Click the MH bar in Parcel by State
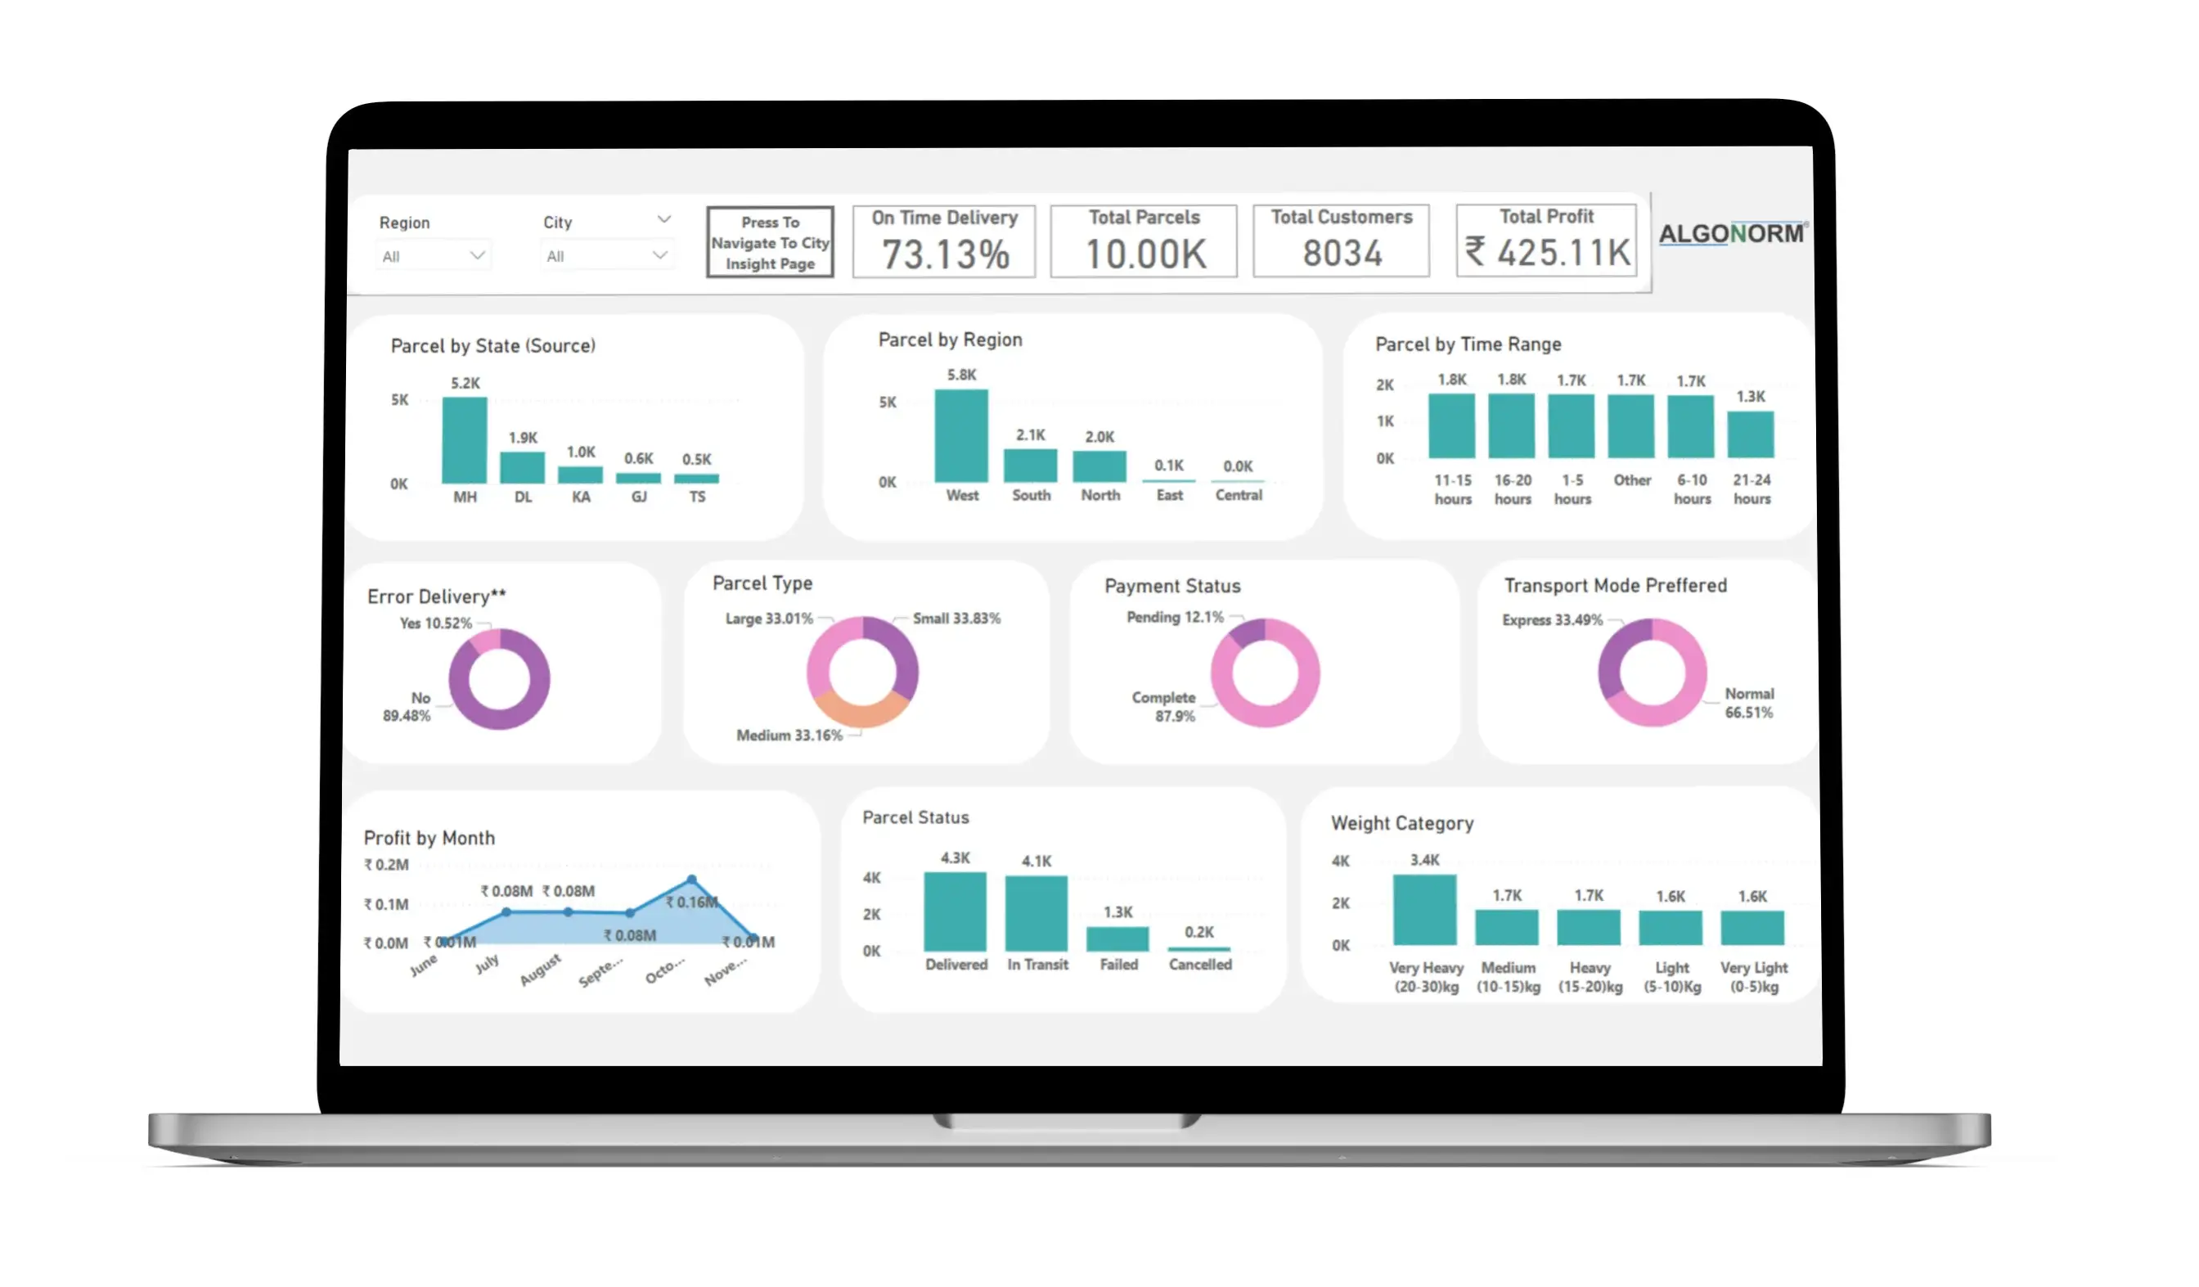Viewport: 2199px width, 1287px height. (464, 441)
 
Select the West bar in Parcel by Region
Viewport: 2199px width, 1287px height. (960, 435)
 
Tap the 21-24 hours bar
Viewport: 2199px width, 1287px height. (1750, 434)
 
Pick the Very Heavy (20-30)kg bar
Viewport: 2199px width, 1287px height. (1424, 909)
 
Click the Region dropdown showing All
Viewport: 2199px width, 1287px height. (433, 255)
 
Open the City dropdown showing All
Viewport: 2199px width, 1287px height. (605, 255)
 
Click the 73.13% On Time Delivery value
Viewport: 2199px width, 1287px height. (945, 254)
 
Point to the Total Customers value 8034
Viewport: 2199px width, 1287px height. (1341, 254)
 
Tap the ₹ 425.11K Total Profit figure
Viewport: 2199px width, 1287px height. (1547, 253)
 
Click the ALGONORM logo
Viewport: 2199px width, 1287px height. (1730, 234)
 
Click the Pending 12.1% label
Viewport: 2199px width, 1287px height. (1175, 618)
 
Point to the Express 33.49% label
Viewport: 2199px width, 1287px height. (1552, 620)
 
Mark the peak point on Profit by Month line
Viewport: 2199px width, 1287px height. (691, 880)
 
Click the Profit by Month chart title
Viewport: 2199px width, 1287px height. (429, 839)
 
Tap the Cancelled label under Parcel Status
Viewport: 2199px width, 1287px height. (1200, 964)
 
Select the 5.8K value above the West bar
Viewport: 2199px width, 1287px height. (960, 376)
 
